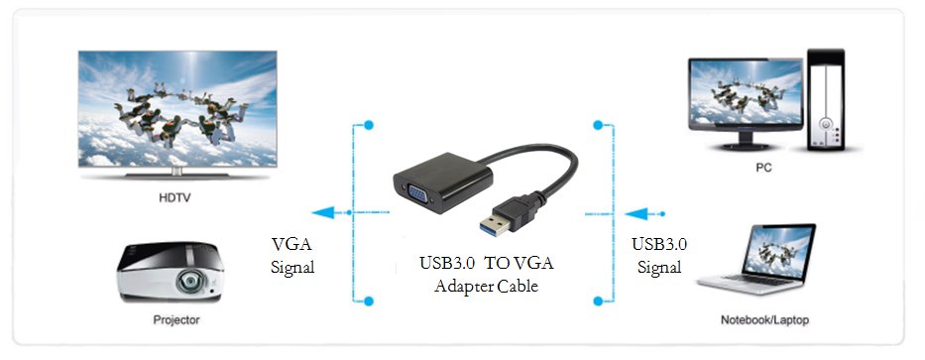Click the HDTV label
[x=174, y=198]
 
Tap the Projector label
[x=176, y=320]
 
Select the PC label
[x=762, y=169]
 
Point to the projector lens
[x=188, y=285]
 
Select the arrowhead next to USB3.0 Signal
[x=633, y=212]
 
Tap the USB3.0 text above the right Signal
[x=659, y=244]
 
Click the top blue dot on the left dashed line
[x=369, y=126]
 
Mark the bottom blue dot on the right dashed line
[x=598, y=300]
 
